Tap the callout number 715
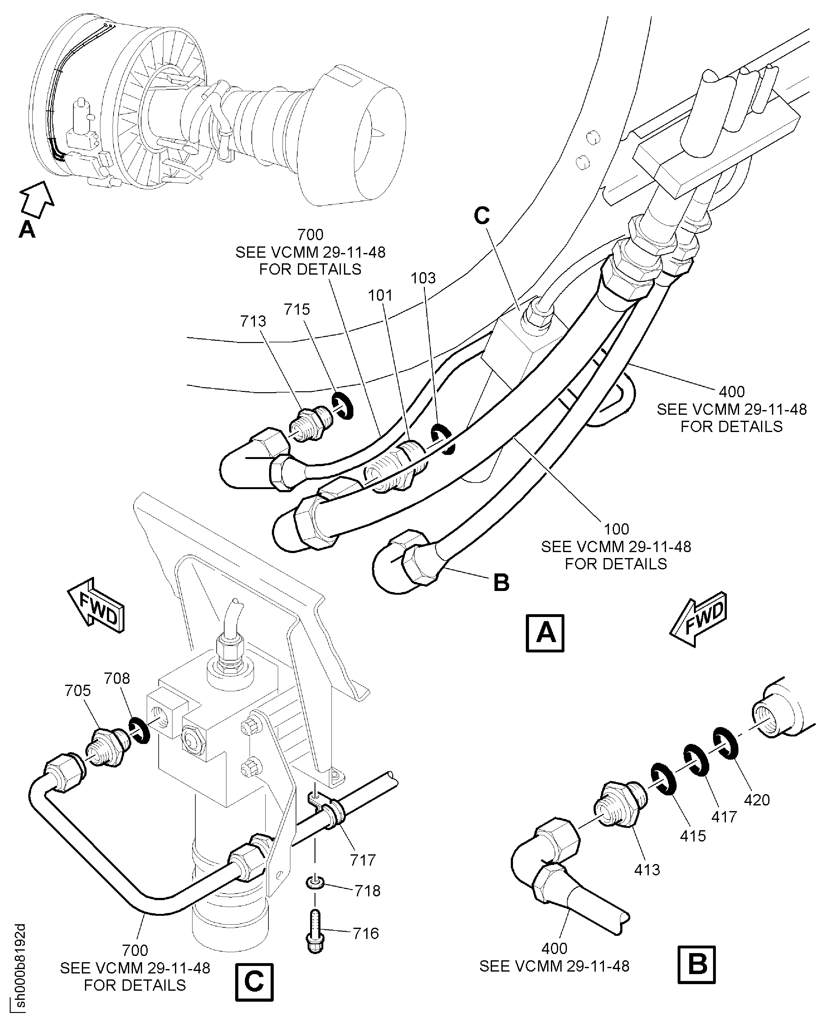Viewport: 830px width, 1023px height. click(x=297, y=309)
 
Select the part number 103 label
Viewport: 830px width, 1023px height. click(x=423, y=278)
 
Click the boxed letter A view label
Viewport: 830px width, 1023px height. click(x=545, y=633)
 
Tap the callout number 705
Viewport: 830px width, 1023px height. click(x=77, y=690)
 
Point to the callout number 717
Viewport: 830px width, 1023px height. click(x=363, y=860)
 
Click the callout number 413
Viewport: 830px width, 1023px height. click(x=647, y=869)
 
